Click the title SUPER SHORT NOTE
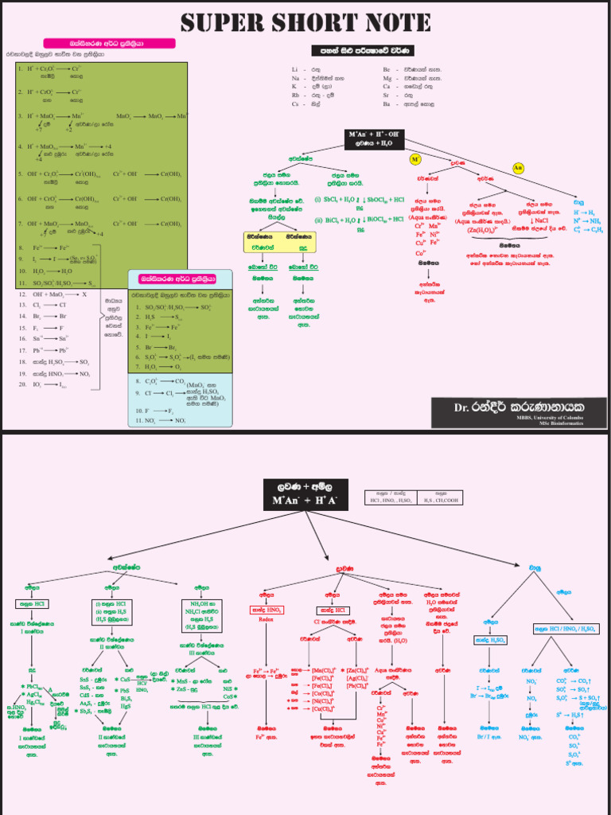(305, 21)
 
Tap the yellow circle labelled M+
(414, 159)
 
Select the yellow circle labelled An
(518, 168)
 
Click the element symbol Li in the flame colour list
(295, 70)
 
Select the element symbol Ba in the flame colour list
(387, 103)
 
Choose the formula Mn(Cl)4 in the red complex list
(322, 671)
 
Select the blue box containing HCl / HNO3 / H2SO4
(566, 629)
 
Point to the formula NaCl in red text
(543, 220)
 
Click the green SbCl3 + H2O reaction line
(359, 200)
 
